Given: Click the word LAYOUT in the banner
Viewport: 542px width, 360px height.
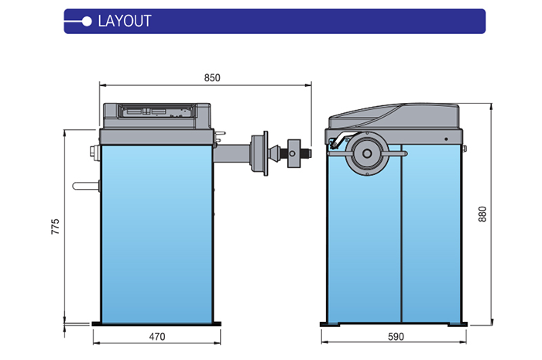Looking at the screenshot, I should tap(125, 21).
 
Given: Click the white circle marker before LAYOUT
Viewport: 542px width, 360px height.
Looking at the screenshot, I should tap(87, 21).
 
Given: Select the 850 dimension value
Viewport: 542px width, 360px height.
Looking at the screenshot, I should tap(212, 77).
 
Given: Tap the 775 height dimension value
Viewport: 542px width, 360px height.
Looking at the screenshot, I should tap(55, 228).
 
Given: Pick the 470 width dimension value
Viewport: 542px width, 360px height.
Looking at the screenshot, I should tap(156, 337).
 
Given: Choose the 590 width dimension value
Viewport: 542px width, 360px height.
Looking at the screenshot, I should tap(396, 337).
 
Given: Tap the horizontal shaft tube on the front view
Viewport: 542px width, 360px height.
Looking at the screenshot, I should tap(232, 153).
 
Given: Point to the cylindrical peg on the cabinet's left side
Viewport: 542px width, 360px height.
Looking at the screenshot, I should tap(84, 185).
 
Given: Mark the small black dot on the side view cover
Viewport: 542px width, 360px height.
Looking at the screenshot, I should tap(447, 139).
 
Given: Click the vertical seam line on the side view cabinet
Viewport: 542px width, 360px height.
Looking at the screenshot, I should tap(401, 248).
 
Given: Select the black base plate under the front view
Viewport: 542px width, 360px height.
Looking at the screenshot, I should tap(155, 324).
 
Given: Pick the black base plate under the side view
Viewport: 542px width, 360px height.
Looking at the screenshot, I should tap(396, 324).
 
